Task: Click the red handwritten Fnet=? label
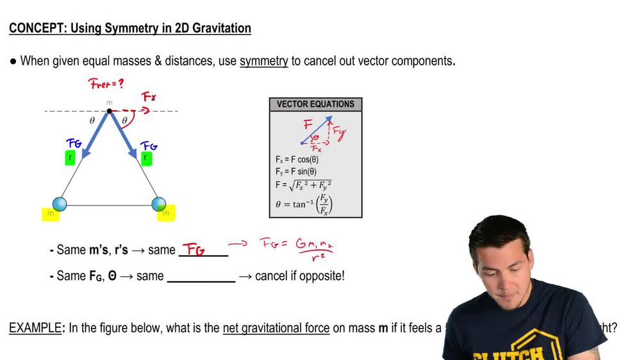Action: pos(106,84)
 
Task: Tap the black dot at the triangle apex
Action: pos(110,111)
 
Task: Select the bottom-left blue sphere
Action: pos(60,204)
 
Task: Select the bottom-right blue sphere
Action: pos(159,204)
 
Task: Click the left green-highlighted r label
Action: pos(71,158)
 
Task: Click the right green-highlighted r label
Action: pos(146,158)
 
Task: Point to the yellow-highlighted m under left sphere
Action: pos(50,214)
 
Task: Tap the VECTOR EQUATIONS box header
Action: pos(315,104)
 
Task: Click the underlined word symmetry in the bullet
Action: pos(263,61)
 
